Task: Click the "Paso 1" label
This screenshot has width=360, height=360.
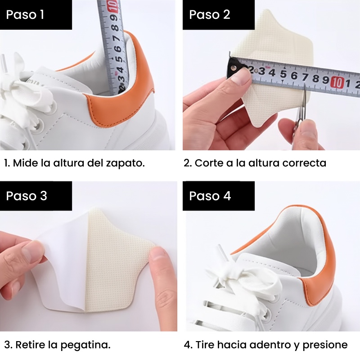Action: tap(25, 14)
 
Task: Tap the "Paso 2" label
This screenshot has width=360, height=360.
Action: tap(209, 14)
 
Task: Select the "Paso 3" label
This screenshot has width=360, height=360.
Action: tap(27, 196)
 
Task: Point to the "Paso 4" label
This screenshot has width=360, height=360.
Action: tap(210, 196)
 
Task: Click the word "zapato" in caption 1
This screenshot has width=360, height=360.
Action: tap(125, 163)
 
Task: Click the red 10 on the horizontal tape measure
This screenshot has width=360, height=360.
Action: tap(337, 83)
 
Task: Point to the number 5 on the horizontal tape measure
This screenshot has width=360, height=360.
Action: tap(283, 74)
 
